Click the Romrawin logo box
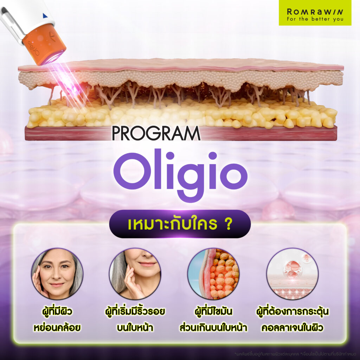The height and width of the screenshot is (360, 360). pos(315,13)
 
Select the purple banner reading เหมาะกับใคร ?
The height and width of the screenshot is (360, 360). pos(180,224)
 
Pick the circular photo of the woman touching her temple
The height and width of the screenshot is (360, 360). pos(57,274)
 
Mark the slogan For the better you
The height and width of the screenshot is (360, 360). pos(315,19)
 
